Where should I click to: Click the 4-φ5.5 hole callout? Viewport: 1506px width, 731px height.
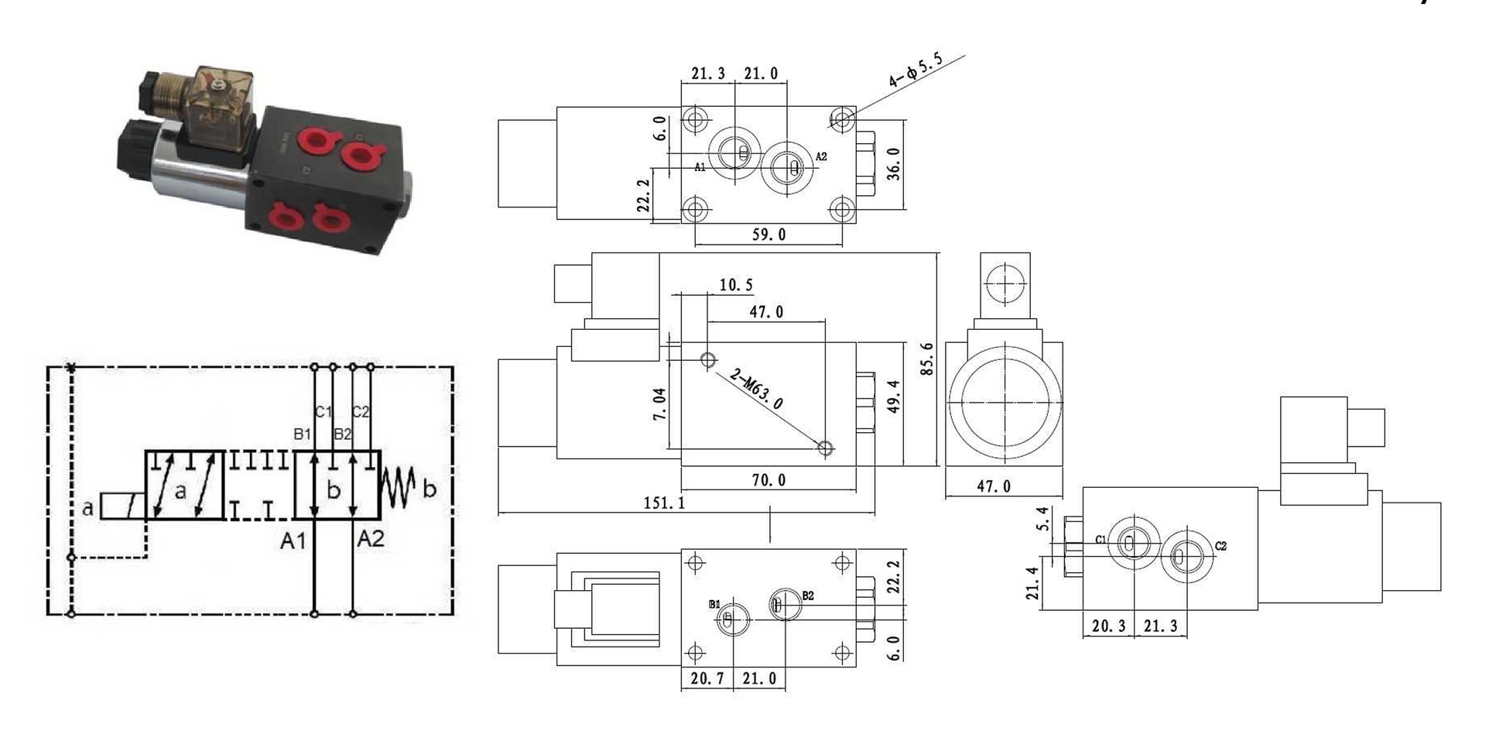[916, 70]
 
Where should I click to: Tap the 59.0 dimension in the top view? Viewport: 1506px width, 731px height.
[768, 235]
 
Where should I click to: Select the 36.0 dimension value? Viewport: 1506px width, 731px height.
[893, 164]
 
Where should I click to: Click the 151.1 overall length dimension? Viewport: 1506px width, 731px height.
[664, 503]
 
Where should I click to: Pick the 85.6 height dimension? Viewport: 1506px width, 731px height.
[926, 359]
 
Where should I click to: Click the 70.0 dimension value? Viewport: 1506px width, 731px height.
[768, 480]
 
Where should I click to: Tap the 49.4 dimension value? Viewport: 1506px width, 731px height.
[893, 396]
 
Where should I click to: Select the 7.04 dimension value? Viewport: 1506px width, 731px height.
[659, 403]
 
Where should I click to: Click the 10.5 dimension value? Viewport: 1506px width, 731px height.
[735, 285]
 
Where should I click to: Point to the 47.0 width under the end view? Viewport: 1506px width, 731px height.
[993, 486]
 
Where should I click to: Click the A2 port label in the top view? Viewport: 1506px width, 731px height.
[821, 156]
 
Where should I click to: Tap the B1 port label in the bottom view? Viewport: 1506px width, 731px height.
[714, 604]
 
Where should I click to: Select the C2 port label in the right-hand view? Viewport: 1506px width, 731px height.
[1220, 546]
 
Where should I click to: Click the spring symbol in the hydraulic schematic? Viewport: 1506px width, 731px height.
[399, 488]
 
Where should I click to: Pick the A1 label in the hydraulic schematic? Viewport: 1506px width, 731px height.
[293, 541]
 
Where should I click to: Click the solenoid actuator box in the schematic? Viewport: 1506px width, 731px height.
[122, 506]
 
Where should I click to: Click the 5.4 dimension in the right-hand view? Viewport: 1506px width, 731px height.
[1042, 518]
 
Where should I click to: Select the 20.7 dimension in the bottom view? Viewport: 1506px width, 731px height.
[707, 678]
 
